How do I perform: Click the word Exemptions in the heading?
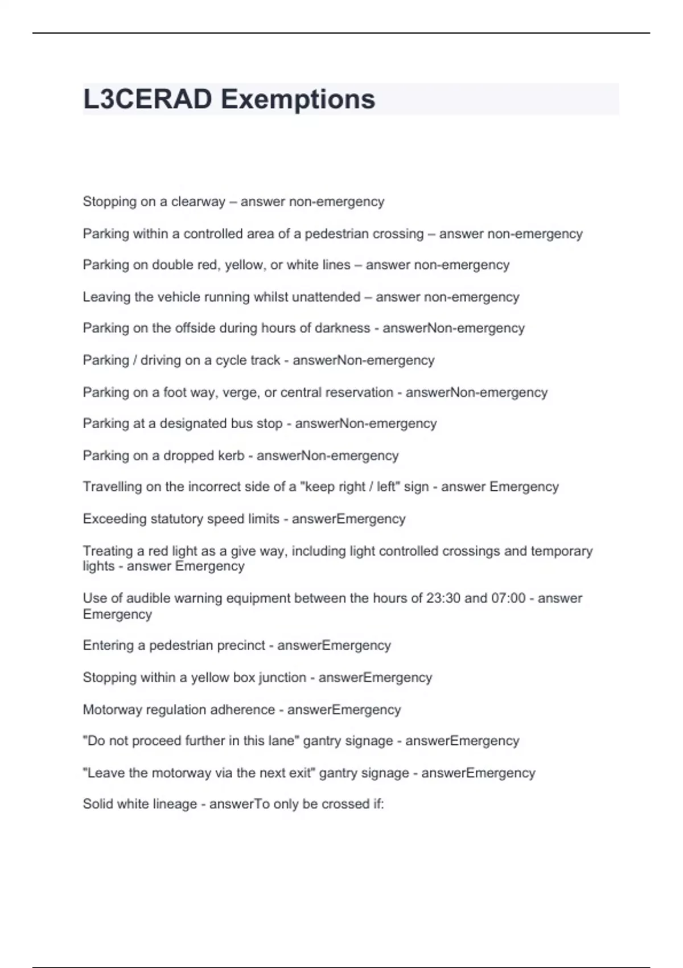coord(298,99)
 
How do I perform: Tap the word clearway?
coord(198,202)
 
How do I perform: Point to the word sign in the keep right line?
coord(416,487)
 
